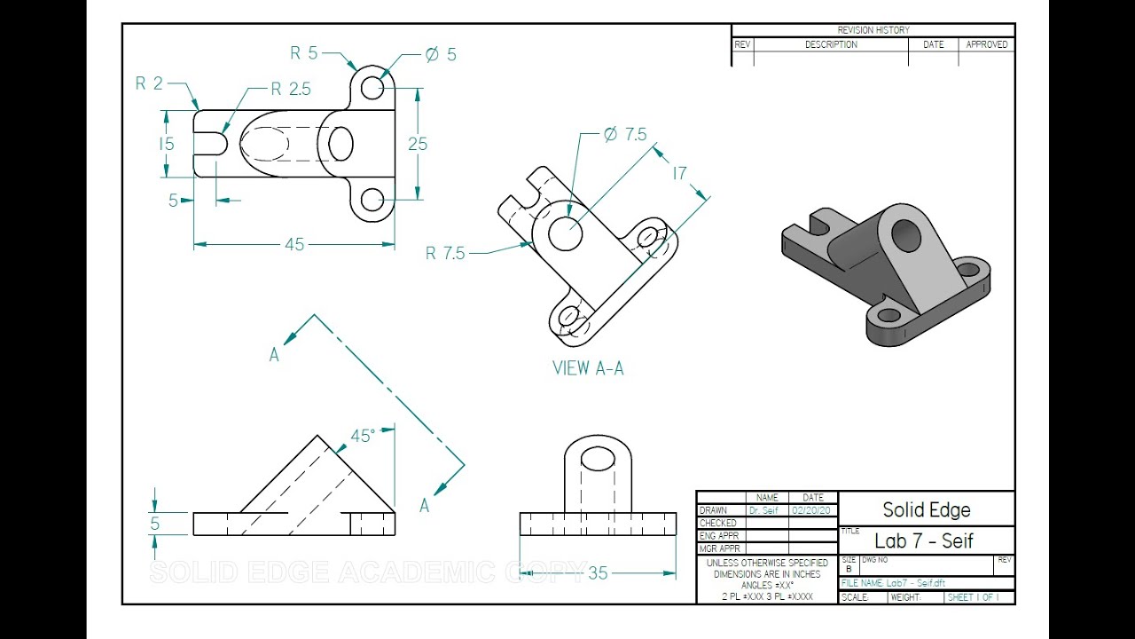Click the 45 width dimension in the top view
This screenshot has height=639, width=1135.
tap(294, 245)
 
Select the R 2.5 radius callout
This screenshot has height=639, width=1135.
tap(291, 89)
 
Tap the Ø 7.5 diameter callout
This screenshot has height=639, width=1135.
tap(625, 135)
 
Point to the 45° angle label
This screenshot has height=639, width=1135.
tap(363, 436)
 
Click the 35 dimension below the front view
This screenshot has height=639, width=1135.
tap(598, 573)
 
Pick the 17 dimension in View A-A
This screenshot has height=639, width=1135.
tap(679, 173)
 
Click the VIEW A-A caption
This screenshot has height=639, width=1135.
tap(588, 368)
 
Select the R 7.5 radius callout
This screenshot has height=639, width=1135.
tap(445, 254)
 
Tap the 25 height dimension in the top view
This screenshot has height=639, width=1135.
tap(418, 144)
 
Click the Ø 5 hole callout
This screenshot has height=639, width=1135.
tap(441, 55)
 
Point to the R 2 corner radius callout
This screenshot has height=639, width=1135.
tap(149, 84)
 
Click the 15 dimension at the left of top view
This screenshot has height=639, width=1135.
tap(167, 144)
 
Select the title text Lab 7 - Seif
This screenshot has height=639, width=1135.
tap(923, 540)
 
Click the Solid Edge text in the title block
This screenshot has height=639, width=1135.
tap(927, 510)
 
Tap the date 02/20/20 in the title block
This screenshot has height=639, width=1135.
tap(812, 511)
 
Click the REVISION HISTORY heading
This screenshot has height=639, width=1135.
tap(873, 30)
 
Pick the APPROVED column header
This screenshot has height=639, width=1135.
tap(987, 44)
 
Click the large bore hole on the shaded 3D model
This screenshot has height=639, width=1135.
tap(906, 235)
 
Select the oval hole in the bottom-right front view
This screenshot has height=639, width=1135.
tap(598, 459)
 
